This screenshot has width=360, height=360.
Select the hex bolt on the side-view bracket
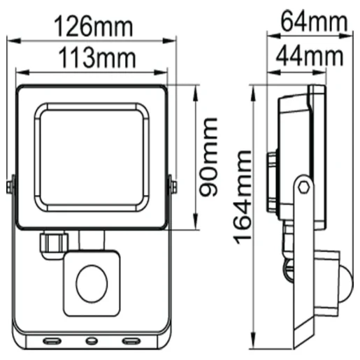pos(303,186)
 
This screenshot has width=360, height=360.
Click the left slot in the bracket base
pos(53,342)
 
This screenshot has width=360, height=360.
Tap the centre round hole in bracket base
pos(92,342)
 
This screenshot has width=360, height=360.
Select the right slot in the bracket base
pos(130,342)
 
